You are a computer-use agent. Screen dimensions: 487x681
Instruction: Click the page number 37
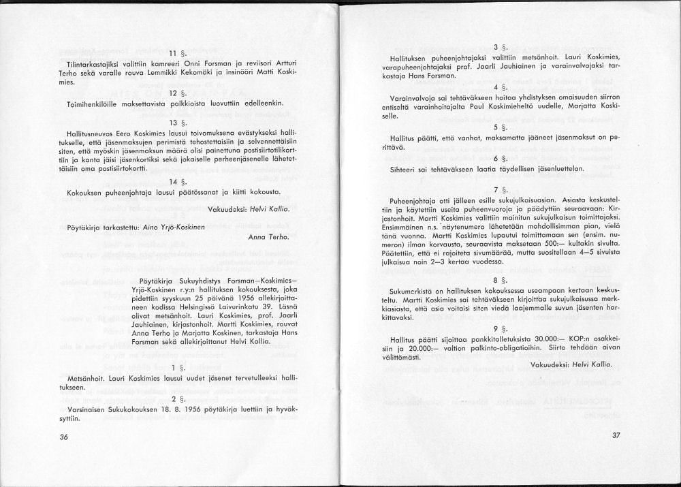616,435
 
